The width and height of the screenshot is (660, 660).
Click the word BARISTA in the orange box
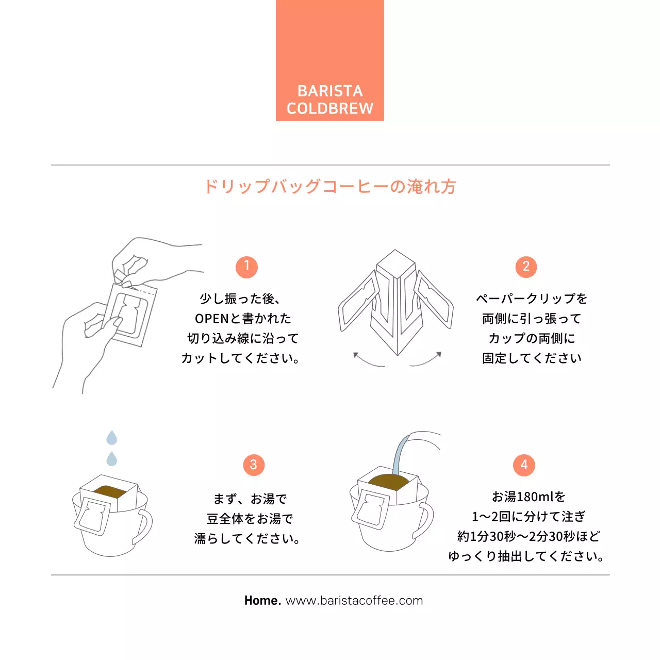(x=330, y=91)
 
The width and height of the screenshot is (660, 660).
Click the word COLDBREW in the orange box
(x=330, y=108)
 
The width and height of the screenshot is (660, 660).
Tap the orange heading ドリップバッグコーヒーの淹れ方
(x=330, y=186)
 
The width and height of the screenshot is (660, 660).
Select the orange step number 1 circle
(x=246, y=267)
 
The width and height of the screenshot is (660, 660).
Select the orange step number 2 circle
(x=526, y=267)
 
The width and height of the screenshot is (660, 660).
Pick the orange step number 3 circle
(x=253, y=465)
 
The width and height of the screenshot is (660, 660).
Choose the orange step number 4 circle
(x=524, y=465)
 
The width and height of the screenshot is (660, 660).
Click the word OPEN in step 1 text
(x=211, y=319)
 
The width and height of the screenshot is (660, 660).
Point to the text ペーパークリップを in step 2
(x=532, y=299)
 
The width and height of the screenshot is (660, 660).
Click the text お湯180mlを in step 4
(x=529, y=497)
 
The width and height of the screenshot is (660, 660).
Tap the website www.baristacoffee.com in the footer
(x=354, y=601)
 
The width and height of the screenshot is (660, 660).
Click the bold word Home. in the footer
(x=262, y=601)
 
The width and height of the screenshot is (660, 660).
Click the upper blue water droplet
(x=111, y=438)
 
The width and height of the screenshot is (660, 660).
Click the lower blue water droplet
(x=111, y=458)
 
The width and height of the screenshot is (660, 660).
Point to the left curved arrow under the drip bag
(x=367, y=360)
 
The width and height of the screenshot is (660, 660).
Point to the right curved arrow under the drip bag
(x=427, y=360)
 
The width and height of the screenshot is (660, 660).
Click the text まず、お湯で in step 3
(x=250, y=499)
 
